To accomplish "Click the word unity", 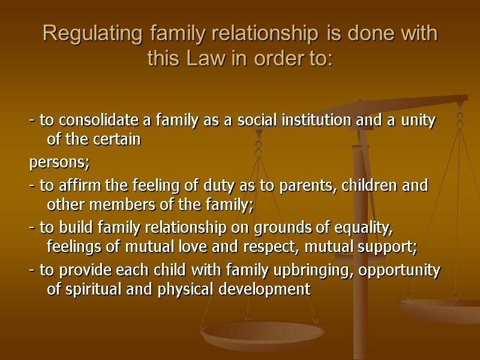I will click(418, 120).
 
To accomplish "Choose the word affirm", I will click(74, 185).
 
